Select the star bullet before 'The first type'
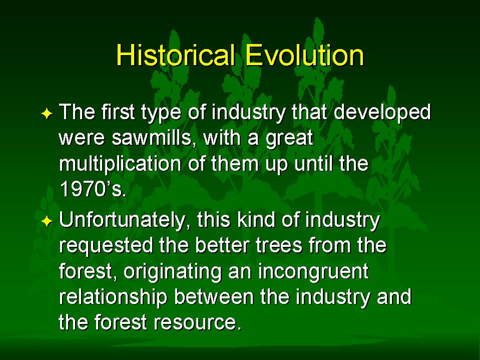pos(47,114)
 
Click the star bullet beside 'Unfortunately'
pos(47,221)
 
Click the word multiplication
pos(120,164)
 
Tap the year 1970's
pos(92,189)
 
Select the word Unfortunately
pos(125,220)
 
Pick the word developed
pos(382,112)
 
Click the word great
pos(290,139)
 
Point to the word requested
pos(106,246)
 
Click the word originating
pos(172,272)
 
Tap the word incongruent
pos(313,272)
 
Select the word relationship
pos(113,297)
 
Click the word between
pos(214,296)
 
